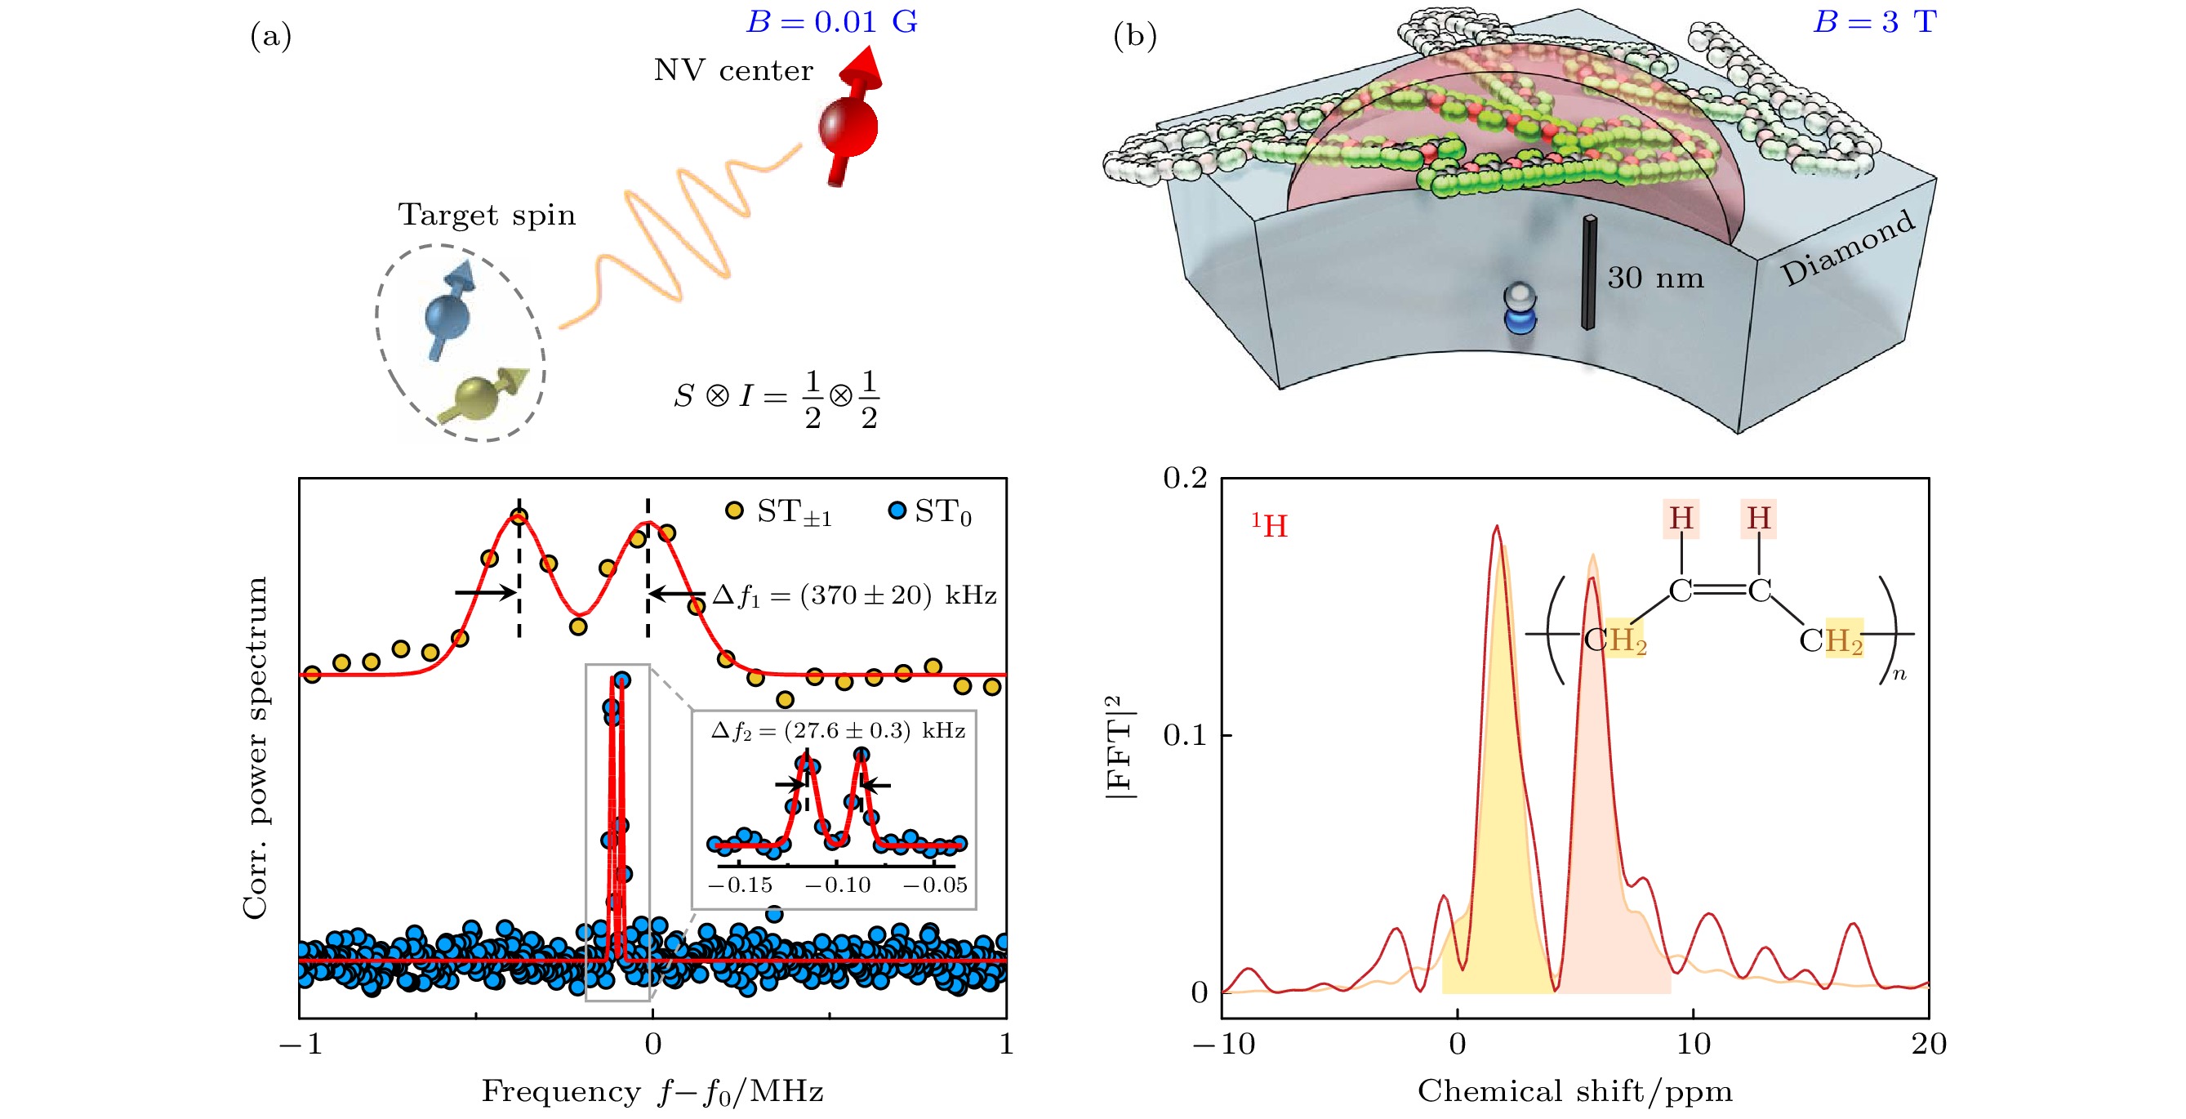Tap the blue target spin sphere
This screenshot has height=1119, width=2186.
tap(447, 316)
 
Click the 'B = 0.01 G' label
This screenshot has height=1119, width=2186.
tap(831, 22)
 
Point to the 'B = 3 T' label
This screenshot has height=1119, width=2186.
tap(1875, 22)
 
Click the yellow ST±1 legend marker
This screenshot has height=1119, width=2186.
tap(734, 510)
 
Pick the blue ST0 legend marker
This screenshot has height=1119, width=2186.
tap(896, 511)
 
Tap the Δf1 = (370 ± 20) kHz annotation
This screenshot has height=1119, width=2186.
tap(853, 595)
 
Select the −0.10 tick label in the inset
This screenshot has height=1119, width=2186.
tap(838, 885)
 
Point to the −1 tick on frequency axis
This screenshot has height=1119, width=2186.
tap(301, 1043)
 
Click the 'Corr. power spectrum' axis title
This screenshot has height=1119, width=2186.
tap(255, 747)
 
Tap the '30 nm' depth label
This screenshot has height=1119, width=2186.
tap(1654, 278)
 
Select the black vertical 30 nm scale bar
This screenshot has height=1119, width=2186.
tap(1588, 273)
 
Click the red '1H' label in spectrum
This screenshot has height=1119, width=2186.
tap(1270, 525)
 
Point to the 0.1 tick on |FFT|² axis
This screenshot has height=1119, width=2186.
tap(1185, 735)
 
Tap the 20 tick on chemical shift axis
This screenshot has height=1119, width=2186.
tap(1928, 1043)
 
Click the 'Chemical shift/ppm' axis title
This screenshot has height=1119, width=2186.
tap(1575, 1091)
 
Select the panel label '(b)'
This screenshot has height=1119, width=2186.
tap(1134, 36)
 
